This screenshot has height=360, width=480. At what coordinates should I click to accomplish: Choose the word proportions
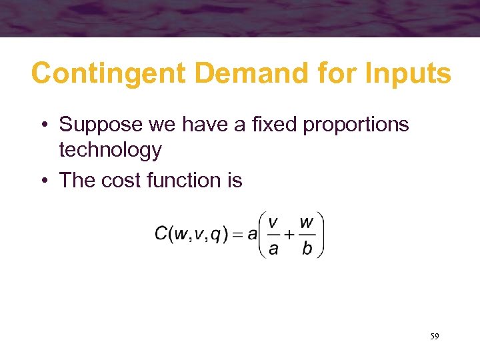356,125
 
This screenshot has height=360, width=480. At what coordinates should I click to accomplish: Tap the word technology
110,151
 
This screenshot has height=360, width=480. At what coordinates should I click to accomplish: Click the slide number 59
434,337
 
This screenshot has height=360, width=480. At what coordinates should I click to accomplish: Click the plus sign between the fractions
289,234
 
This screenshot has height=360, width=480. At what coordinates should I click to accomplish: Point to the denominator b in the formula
306,249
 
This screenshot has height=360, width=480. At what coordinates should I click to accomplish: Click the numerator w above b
307,221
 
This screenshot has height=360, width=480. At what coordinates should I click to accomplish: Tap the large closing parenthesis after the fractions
320,234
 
